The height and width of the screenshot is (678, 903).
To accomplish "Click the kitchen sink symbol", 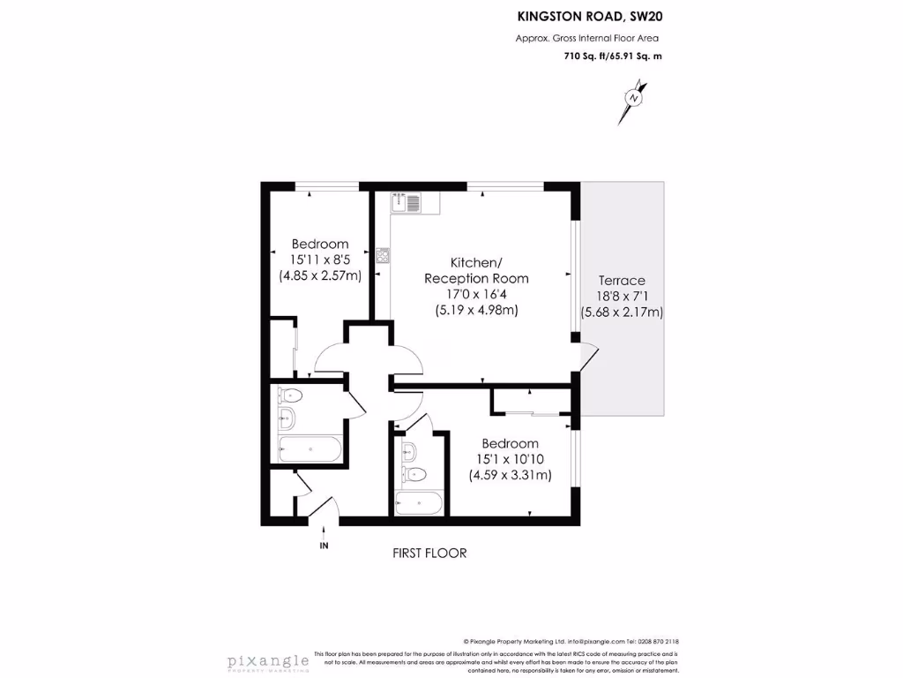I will click(x=408, y=202).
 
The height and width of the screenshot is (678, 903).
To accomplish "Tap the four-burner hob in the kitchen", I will click(x=384, y=257).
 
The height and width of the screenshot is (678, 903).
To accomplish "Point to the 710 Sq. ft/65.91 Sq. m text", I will click(x=612, y=56).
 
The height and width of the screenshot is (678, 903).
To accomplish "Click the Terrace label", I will click(x=622, y=280).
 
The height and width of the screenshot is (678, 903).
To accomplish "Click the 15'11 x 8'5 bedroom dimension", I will click(x=320, y=260).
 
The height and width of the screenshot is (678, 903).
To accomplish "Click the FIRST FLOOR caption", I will click(x=429, y=553).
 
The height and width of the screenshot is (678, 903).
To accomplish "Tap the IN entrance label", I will click(x=324, y=546).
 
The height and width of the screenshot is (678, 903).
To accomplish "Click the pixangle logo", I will click(x=268, y=661).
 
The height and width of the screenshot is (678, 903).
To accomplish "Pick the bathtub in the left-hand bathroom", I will click(x=310, y=449).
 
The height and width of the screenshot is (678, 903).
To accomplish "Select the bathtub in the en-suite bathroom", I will click(x=419, y=505).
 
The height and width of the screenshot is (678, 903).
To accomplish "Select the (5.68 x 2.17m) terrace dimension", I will click(x=622, y=312).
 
